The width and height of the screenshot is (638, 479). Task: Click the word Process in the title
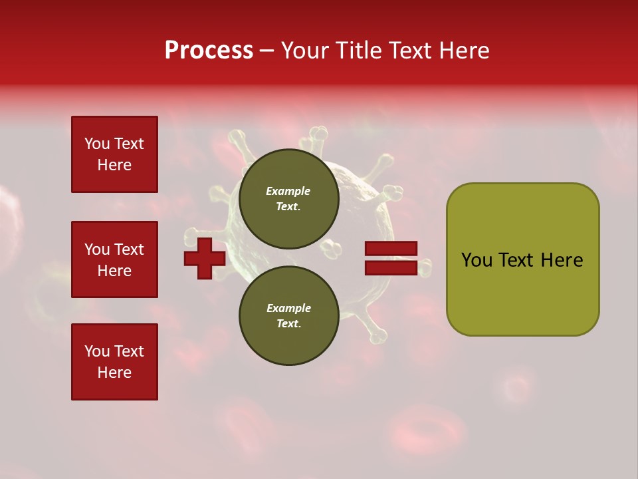[x=209, y=51]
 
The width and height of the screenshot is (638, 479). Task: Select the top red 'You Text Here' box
[x=114, y=154]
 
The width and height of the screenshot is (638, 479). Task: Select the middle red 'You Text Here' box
[x=114, y=259]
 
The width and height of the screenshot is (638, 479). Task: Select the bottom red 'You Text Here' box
[x=114, y=361]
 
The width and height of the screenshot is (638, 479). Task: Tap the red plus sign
[x=204, y=258]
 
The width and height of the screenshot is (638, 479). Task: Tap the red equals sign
[x=391, y=258]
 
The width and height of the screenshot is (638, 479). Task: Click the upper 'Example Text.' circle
[x=288, y=198]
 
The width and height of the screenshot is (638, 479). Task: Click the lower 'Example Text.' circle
[x=288, y=315]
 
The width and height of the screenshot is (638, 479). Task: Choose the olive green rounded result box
[x=522, y=259]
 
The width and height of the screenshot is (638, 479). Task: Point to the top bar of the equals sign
[x=391, y=249]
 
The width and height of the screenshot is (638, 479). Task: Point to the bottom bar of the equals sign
[x=391, y=267]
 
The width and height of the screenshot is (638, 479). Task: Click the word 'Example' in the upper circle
[x=288, y=191]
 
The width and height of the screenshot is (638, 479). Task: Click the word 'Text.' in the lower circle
[x=288, y=324]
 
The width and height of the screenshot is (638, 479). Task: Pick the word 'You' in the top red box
[x=96, y=144]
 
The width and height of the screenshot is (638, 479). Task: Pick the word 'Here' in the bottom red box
[x=114, y=373]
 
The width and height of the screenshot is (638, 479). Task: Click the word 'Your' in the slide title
[x=305, y=51]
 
